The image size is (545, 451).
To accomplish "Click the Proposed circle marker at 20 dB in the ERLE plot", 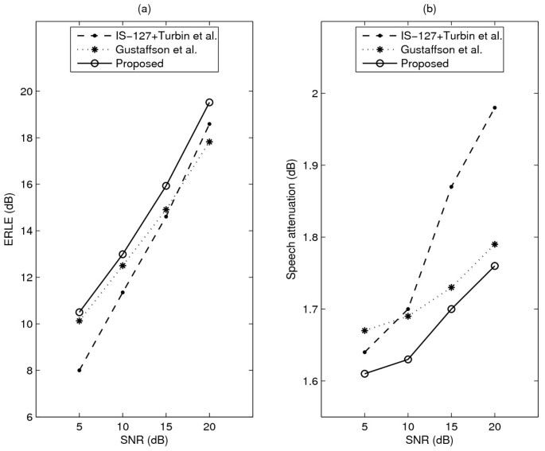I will tap(209, 103).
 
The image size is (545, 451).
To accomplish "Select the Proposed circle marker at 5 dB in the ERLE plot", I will tap(79, 313).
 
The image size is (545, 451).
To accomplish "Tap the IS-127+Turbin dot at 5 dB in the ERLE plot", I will tap(79, 371).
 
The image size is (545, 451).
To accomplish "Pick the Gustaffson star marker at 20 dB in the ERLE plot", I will tap(209, 142).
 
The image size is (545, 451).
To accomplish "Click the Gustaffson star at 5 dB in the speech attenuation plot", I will tap(364, 331).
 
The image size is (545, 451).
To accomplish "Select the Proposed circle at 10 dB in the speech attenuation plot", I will tap(407, 360).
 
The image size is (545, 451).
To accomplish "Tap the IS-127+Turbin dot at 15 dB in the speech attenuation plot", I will tap(451, 187).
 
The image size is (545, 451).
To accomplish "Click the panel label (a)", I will tap(144, 8).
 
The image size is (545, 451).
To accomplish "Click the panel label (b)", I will tap(430, 8).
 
